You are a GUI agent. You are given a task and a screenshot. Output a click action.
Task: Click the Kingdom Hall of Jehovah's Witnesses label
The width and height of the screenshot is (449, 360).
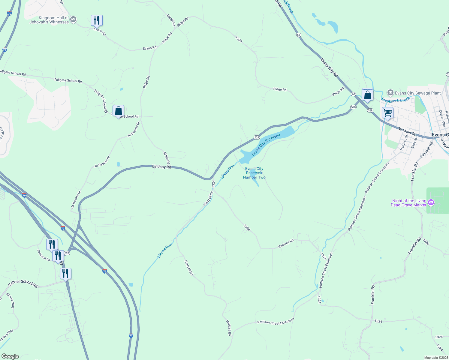click(49, 20)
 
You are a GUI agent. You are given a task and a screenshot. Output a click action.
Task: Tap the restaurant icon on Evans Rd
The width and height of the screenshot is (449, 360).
click(97, 20)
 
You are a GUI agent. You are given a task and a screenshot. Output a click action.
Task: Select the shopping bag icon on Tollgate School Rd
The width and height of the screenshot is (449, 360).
click(118, 111)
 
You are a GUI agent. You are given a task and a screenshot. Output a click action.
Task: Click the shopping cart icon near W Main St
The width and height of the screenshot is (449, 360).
click(387, 113)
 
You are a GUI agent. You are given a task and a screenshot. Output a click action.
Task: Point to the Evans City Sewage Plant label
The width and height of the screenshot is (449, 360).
click(418, 93)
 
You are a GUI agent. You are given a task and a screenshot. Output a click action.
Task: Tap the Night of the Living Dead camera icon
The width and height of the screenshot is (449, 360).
click(431, 202)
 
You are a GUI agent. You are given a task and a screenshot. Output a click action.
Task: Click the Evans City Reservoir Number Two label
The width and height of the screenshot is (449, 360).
click(254, 173)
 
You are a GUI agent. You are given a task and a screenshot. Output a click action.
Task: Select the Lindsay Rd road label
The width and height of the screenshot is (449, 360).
click(161, 166)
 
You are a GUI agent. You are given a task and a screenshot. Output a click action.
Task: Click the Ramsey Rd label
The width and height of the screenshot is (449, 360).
click(286, 244)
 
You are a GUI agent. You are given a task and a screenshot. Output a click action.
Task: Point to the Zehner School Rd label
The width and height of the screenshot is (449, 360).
click(23, 283)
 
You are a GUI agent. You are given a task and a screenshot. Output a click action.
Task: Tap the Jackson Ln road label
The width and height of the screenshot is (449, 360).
click(44, 255)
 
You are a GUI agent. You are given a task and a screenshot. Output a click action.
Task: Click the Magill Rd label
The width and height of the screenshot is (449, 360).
click(171, 20)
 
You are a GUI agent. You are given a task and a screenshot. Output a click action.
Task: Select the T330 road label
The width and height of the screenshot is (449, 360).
click(239, 39)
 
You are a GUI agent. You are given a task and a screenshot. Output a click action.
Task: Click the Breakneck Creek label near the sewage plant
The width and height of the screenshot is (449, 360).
click(395, 100)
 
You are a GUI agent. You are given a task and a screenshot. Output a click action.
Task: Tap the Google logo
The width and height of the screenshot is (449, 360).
click(10, 356)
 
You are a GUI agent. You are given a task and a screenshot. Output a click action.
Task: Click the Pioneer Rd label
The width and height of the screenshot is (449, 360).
click(426, 150)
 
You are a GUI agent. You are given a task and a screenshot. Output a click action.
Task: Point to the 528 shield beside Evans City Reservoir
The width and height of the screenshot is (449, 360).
click(257, 137)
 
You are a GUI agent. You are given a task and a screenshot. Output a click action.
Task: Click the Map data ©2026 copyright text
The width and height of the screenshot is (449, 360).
click(436, 358)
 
